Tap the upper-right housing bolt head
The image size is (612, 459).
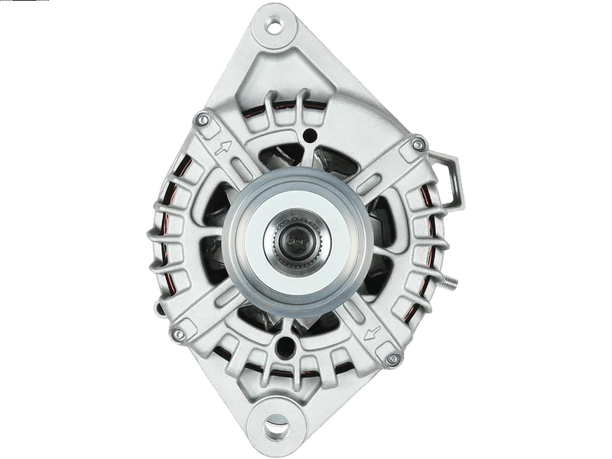point(417,144)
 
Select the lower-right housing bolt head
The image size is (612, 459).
point(392,359)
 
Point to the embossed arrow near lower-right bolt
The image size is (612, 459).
point(373,332)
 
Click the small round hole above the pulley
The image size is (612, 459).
point(308,136)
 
